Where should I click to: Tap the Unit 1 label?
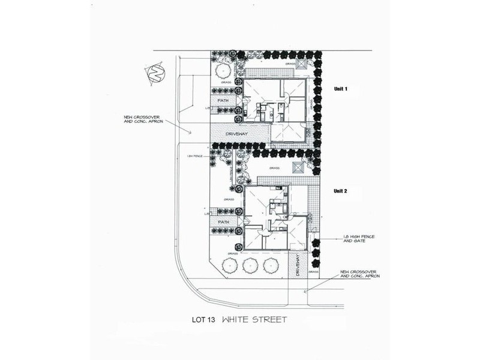(x=341, y=89)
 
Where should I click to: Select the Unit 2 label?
(x=341, y=191)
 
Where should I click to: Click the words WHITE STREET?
(x=254, y=320)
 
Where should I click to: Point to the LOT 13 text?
(x=200, y=320)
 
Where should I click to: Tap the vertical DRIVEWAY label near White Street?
(x=298, y=265)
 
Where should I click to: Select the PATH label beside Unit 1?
(x=223, y=101)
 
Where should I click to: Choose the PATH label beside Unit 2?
(x=223, y=222)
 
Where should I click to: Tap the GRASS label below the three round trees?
(x=233, y=253)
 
